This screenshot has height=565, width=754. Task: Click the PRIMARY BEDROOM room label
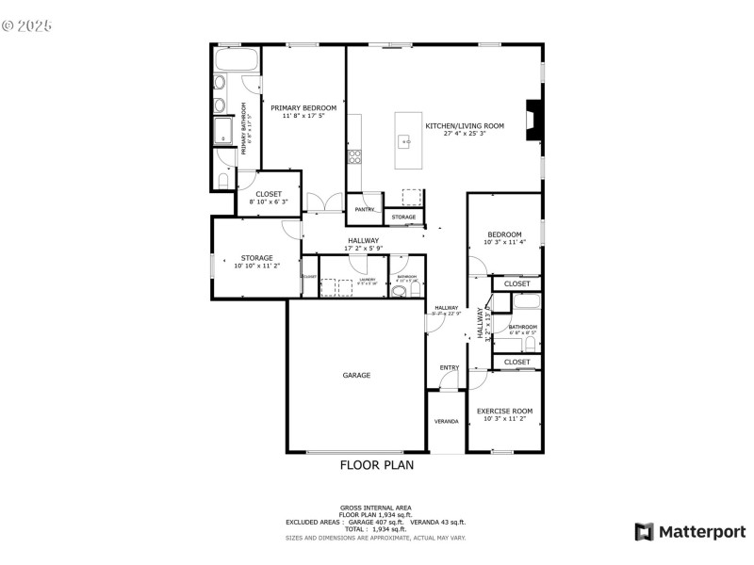(303, 108)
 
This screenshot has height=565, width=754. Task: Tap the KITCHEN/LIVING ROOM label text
(465, 125)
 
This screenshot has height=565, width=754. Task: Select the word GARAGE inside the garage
(356, 375)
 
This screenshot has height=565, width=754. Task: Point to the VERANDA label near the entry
(447, 421)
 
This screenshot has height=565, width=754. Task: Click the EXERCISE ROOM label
(504, 411)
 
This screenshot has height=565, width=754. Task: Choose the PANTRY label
(365, 209)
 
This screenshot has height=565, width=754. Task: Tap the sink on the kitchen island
(406, 142)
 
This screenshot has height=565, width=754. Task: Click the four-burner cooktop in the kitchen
(354, 156)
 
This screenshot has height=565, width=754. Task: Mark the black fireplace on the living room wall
(534, 121)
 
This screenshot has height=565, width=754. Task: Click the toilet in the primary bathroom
(222, 179)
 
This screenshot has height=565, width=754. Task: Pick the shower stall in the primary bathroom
(224, 130)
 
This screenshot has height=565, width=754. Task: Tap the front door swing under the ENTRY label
(451, 380)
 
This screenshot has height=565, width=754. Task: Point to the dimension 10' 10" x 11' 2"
(256, 266)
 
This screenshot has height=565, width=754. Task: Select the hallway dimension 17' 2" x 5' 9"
(363, 249)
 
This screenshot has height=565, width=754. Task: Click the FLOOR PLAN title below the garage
(376, 464)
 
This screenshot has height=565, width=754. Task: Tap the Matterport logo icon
(644, 532)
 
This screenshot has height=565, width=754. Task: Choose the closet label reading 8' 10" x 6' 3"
(269, 202)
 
